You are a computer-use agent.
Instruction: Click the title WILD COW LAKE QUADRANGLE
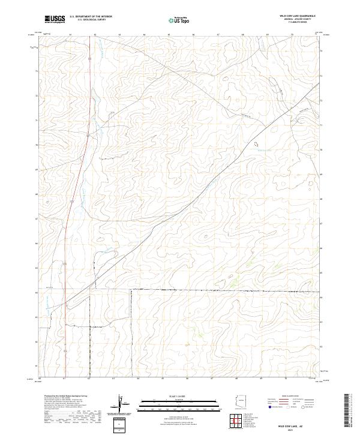point(298,16)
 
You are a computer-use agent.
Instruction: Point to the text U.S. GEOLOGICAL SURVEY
point(91,20)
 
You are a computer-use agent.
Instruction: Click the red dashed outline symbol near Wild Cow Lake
point(257,143)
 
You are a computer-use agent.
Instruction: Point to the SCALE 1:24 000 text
point(175,397)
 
